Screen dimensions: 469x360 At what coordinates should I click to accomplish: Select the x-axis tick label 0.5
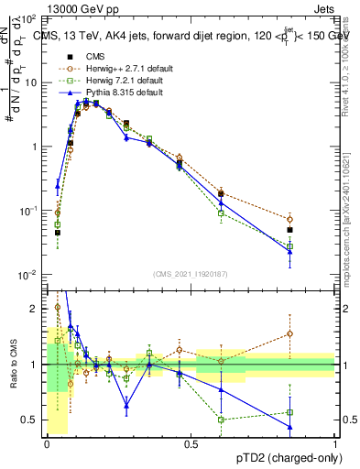[x=191, y=444]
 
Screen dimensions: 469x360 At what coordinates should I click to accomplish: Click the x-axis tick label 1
[x=334, y=444]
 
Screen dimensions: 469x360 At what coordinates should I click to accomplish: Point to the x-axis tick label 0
[x=47, y=444]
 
